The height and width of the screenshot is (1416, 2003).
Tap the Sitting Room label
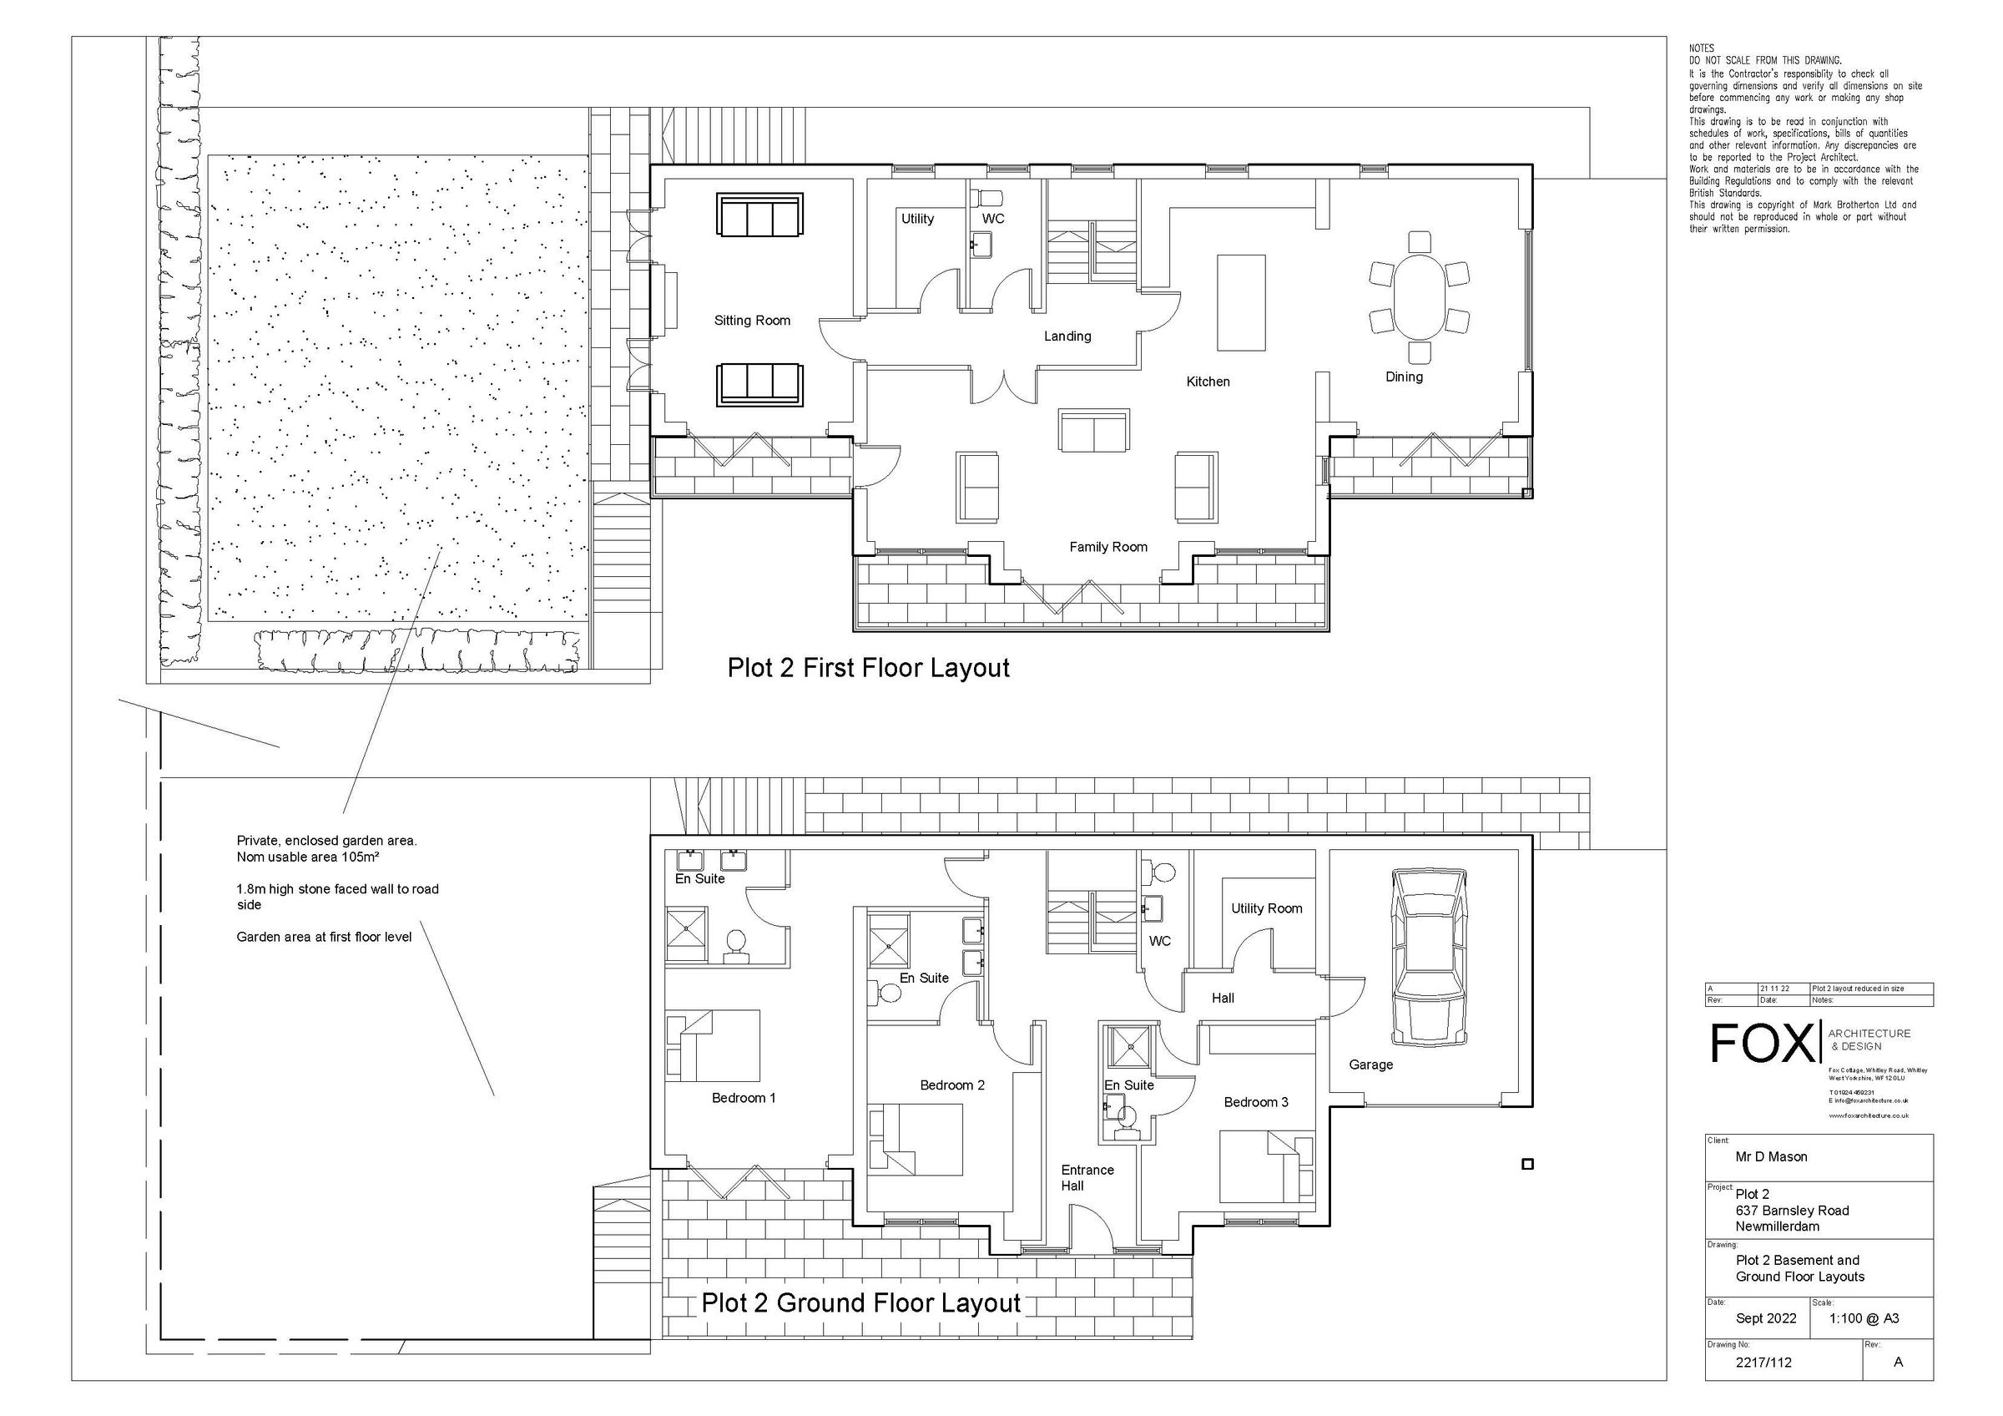tap(752, 321)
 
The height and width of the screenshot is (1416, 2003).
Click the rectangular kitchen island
tap(1240, 302)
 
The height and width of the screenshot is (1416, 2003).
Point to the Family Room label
tap(1108, 547)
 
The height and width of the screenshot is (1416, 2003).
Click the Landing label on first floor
tap(1067, 336)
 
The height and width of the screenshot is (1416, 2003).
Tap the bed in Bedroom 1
tap(713, 1044)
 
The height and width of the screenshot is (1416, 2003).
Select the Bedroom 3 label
tap(1255, 1102)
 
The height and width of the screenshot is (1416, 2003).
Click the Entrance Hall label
tap(1086, 1178)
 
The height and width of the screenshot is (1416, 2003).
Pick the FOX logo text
tap(1761, 1043)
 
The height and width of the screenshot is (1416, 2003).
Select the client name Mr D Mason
tap(1771, 1157)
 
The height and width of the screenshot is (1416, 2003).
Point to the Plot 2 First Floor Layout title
tap(868, 668)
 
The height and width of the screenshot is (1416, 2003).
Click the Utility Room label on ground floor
tap(1266, 908)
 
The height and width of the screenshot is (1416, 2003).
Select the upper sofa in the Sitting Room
tap(759, 215)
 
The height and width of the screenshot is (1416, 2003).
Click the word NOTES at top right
tap(1701, 49)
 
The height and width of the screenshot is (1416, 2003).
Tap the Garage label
tap(1370, 1065)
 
